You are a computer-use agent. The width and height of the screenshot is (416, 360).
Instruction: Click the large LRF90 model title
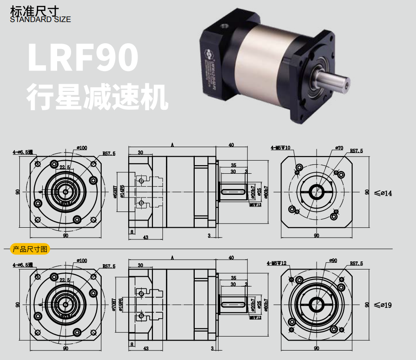pyautogui.click(x=82, y=58)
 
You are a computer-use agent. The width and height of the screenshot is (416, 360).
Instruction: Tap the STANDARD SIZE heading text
pyautogui.click(x=40, y=19)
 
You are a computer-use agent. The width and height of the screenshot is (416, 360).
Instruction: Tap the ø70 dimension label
pyautogui.click(x=339, y=148)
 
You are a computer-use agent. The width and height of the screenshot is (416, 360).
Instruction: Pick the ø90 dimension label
pyautogui.click(x=333, y=261)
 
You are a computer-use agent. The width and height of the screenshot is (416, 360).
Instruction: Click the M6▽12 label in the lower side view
pyautogui.click(x=255, y=317)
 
